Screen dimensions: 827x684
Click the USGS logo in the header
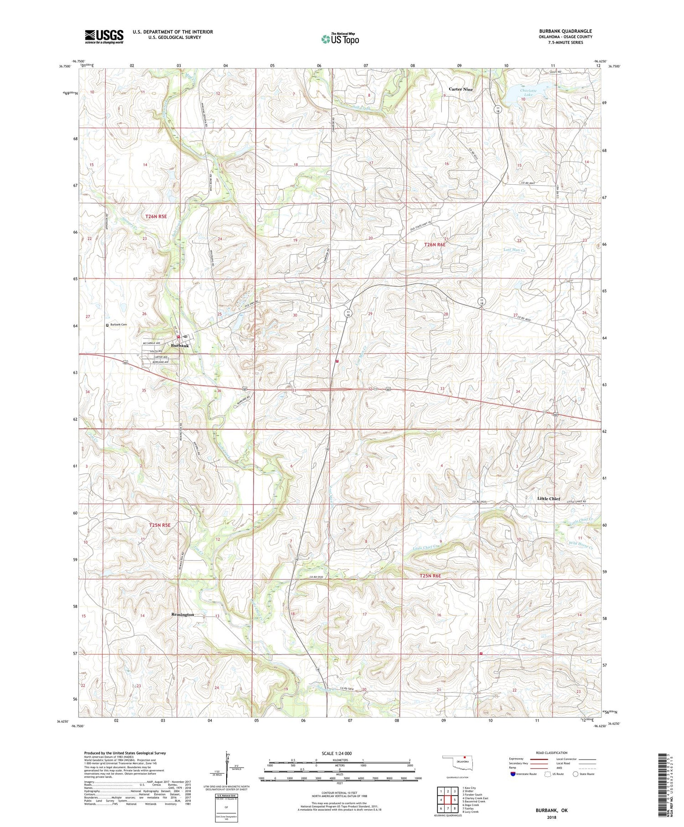coord(104,36)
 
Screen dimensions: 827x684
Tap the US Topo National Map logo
coord(340,39)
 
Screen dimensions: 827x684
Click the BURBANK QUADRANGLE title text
coord(565,31)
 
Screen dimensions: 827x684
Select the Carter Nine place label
coord(461,89)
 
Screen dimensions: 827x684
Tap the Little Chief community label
coord(548,499)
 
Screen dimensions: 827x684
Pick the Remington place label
coord(182,614)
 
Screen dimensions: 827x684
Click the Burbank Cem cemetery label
coord(118,325)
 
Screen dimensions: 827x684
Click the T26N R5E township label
coord(156,216)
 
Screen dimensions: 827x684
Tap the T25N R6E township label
coord(436,576)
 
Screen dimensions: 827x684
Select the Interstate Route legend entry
coord(527,774)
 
